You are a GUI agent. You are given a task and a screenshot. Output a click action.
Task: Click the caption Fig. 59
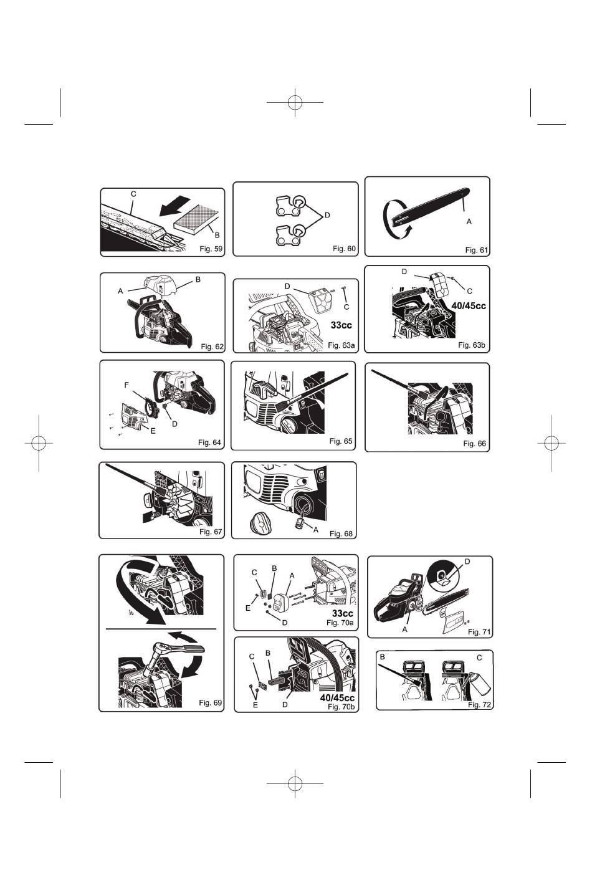(x=211, y=249)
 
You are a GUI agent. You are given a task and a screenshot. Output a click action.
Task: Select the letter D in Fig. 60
(x=327, y=215)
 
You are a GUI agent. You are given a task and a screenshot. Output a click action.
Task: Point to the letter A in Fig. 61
(x=469, y=222)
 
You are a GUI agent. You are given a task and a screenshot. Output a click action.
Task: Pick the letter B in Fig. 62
(x=198, y=279)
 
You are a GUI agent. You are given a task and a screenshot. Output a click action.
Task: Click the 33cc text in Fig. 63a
(x=341, y=325)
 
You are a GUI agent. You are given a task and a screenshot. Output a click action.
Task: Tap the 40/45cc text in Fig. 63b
(x=469, y=306)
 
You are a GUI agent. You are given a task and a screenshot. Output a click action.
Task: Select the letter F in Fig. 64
(x=127, y=385)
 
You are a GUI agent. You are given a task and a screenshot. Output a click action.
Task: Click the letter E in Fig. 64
(x=153, y=431)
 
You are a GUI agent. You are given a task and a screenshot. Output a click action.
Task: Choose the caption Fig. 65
(x=341, y=441)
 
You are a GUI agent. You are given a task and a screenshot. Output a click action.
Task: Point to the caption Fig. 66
(x=474, y=444)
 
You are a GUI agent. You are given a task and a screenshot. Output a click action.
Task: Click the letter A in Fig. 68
(x=315, y=530)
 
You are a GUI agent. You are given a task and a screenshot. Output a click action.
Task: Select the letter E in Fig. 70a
(x=248, y=608)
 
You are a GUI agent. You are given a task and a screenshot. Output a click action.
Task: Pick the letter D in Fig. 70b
(x=285, y=705)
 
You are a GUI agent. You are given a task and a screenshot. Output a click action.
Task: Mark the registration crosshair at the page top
(x=295, y=102)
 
